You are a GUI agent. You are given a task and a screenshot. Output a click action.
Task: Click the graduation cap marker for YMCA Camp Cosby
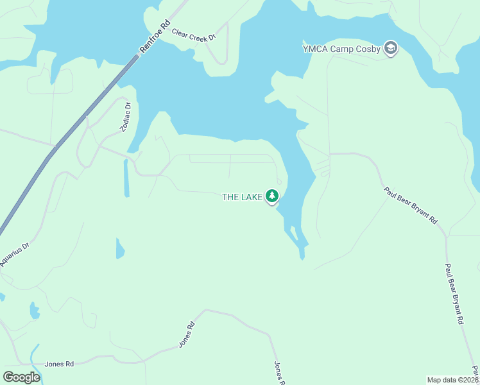coord(390,48)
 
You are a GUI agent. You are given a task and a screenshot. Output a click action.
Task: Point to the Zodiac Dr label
coord(126,117)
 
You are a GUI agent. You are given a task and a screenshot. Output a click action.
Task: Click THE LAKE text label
coord(242,197)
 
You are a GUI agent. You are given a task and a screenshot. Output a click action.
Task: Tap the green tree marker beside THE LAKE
coord(272,196)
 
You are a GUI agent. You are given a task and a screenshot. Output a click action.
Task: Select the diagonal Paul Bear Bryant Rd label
coord(411,205)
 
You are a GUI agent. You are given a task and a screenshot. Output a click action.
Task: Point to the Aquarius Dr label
coord(15,255)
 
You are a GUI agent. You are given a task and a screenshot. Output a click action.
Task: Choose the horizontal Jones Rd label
coord(59,364)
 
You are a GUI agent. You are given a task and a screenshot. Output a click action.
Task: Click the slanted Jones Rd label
coord(186,334)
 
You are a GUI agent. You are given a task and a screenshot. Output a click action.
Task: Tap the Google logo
coord(21,377)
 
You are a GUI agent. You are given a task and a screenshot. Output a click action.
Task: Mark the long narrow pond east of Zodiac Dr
coord(126,178)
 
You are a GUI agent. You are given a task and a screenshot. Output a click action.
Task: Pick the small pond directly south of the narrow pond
coord(119,248)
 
